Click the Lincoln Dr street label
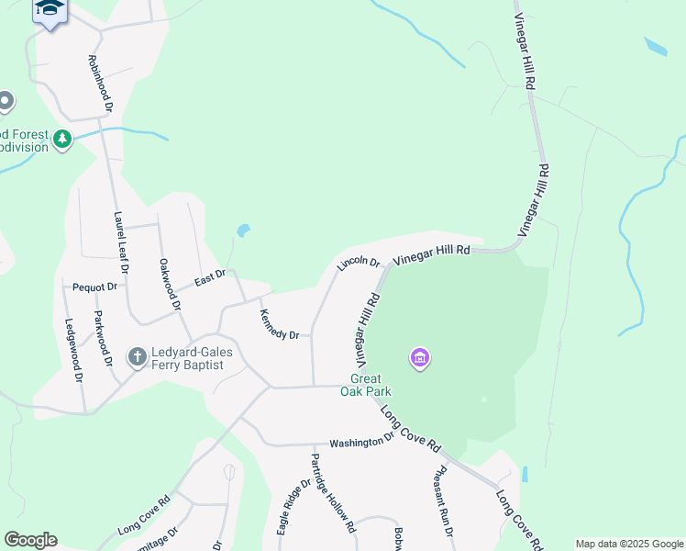[x=358, y=263]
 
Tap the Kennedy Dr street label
[x=279, y=322]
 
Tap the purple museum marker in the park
[x=420, y=357]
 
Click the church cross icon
[x=138, y=356]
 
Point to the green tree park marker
[x=62, y=140]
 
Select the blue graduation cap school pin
[x=50, y=10]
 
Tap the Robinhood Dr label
[x=100, y=83]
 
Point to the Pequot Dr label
[x=95, y=287]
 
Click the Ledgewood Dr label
[x=72, y=350]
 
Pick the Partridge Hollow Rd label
[x=331, y=493]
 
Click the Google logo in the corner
[x=30, y=540]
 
